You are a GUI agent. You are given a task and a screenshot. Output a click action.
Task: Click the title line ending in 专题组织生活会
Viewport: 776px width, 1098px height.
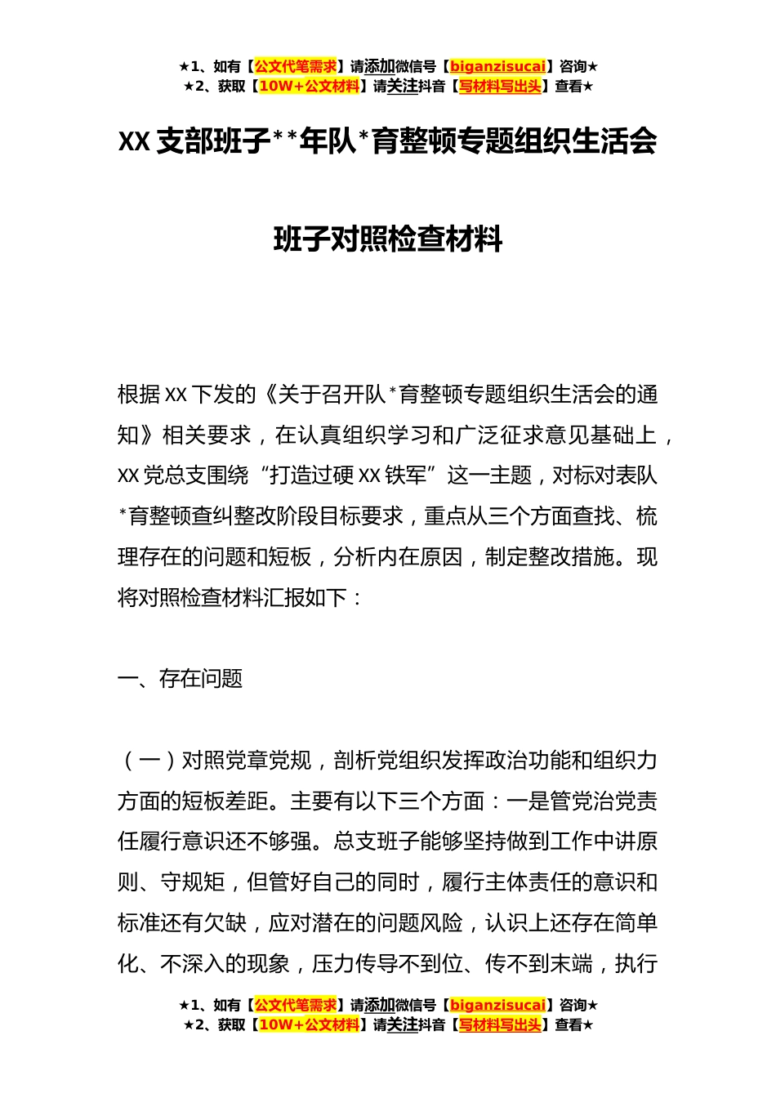(x=388, y=141)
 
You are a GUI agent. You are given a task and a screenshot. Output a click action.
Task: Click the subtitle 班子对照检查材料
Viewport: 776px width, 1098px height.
(x=388, y=239)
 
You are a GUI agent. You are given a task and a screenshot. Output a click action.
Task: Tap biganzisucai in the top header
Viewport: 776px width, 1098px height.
(x=497, y=66)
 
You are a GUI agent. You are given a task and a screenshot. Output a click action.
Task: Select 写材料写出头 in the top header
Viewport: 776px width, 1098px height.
(x=500, y=86)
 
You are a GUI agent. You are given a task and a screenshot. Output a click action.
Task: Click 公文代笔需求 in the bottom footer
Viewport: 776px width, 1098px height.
(x=296, y=1005)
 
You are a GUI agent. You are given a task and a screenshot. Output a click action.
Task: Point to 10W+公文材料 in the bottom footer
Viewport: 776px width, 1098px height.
(x=309, y=1024)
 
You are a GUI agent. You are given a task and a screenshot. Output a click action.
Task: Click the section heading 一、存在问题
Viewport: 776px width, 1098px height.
(x=181, y=679)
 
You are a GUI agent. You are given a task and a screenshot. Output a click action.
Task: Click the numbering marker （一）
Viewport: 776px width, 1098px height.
(x=149, y=761)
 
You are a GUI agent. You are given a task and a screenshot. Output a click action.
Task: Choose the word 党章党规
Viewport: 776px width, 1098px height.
(x=268, y=761)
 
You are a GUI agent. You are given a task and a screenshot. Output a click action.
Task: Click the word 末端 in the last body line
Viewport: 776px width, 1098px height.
(x=571, y=964)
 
